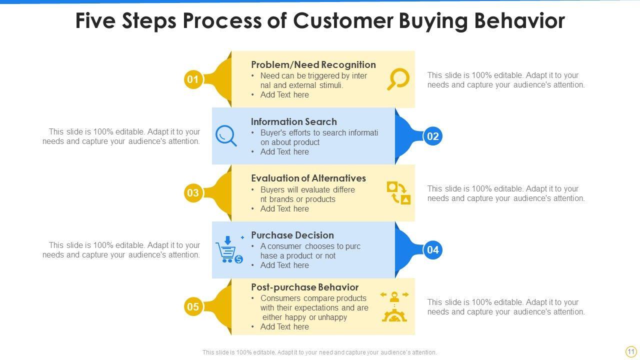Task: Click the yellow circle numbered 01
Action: coord(192,79)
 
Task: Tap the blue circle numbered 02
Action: coord(433,136)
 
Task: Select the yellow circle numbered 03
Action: coord(192,193)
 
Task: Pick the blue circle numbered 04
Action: coord(433,250)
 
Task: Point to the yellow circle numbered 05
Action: coord(192,306)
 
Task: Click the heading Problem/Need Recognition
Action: coord(313,64)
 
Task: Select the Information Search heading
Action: coord(293,121)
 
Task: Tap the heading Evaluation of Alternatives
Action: coord(308,178)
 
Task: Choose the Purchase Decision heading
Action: coord(292,235)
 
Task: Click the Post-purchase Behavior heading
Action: coord(304,287)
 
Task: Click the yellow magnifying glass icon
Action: coord(398,79)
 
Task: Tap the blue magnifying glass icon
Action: coord(226,135)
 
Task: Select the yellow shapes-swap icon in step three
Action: coord(398,193)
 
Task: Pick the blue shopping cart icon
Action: coord(229,250)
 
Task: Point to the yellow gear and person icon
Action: coord(394,306)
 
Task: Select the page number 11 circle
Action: coord(630,351)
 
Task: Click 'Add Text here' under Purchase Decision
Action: coord(284,265)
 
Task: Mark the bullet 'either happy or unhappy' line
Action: coord(304,317)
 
